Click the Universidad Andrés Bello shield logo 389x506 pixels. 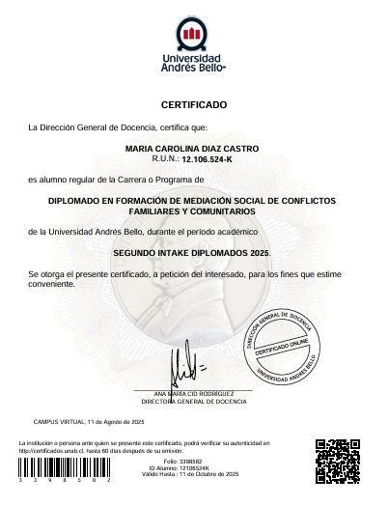coord(194,36)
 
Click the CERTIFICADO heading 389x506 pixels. coord(194,103)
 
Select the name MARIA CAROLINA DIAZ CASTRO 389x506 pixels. coord(193,149)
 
